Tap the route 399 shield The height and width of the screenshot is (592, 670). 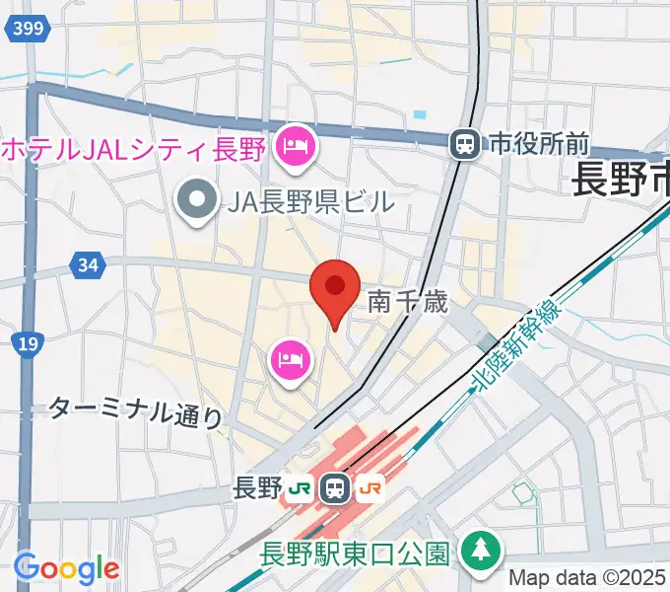pos(29,29)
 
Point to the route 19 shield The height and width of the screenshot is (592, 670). pos(27,344)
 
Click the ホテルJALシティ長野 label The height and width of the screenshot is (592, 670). pos(134,151)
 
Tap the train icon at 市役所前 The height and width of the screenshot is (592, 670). pos(462,145)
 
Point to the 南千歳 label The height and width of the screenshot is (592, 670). pos(408,302)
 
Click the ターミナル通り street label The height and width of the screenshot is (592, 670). pos(136,411)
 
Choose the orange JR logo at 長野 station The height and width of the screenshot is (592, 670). pos(371,487)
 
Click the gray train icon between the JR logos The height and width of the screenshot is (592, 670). pos(336,487)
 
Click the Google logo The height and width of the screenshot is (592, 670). pos(66,568)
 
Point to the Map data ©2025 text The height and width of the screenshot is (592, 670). pos(588,579)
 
